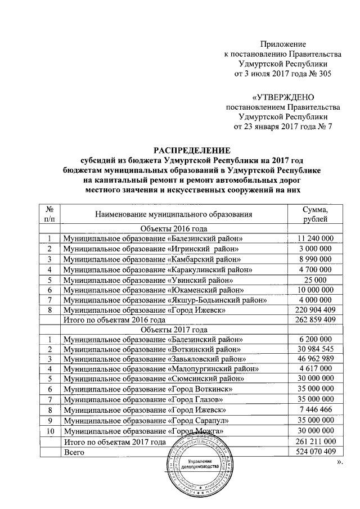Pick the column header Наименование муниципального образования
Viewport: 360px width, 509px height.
(x=174, y=214)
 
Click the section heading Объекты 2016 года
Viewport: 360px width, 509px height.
(x=174, y=228)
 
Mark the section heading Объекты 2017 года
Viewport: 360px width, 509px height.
(x=174, y=330)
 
